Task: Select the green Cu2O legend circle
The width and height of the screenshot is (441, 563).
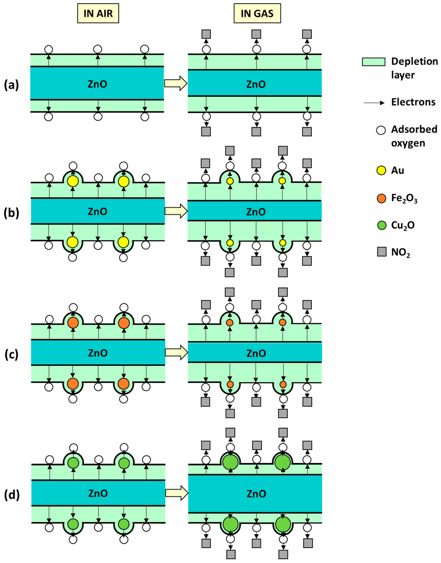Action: click(x=381, y=225)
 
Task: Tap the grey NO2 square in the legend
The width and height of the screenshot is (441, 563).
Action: click(x=382, y=252)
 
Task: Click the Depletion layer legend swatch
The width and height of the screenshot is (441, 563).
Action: click(x=373, y=62)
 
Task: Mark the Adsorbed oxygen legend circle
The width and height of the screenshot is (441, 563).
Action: click(x=381, y=130)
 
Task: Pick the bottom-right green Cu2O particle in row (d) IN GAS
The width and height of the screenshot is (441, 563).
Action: click(x=283, y=525)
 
